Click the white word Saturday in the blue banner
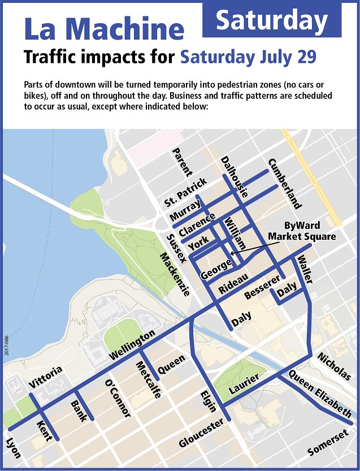point(272,21)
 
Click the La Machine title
point(103,29)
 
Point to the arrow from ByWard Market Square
point(249,247)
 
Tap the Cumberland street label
point(285,183)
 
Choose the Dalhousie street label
point(235,176)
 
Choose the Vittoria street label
point(45,378)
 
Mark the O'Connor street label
point(118,399)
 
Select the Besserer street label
point(262,288)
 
